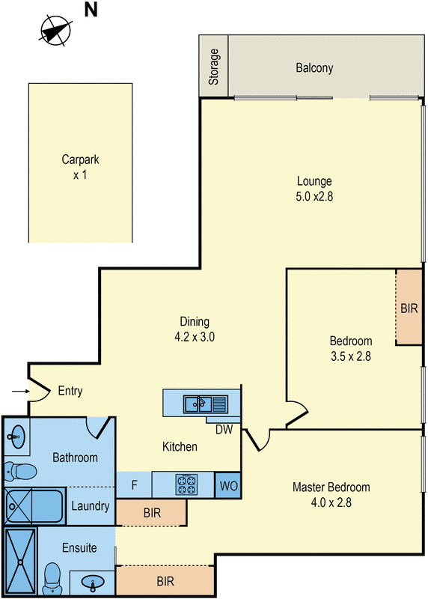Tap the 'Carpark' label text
click(x=81, y=159)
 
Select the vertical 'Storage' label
click(x=215, y=66)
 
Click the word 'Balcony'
click(x=314, y=68)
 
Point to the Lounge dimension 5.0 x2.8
click(x=314, y=195)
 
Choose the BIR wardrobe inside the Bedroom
click(x=409, y=308)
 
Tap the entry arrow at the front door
click(x=19, y=391)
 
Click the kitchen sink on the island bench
click(x=200, y=404)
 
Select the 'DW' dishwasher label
click(x=224, y=429)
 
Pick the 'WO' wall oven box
click(x=227, y=485)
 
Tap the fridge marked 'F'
click(x=135, y=484)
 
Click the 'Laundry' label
click(x=91, y=507)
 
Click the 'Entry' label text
click(x=70, y=391)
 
